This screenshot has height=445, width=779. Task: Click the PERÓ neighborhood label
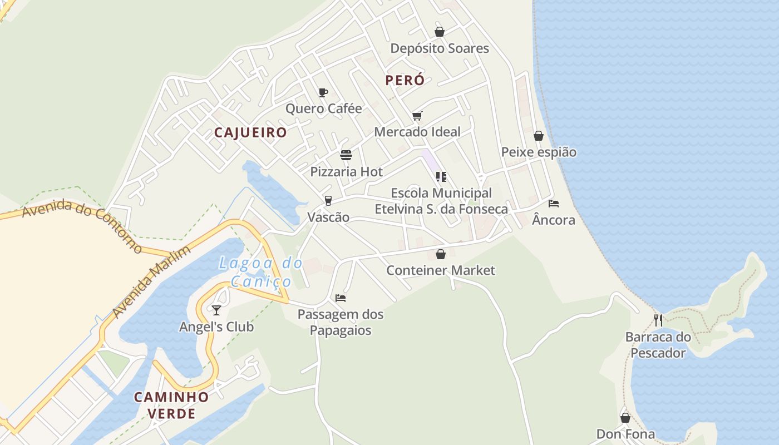click(405, 80)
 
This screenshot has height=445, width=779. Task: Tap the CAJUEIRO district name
click(250, 132)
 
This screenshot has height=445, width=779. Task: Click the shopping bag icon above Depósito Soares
click(440, 32)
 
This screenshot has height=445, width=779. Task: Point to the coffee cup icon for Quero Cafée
click(323, 92)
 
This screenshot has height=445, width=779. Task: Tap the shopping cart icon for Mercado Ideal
click(417, 116)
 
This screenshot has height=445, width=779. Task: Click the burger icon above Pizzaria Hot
click(346, 155)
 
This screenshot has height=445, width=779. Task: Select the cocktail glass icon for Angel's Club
click(216, 310)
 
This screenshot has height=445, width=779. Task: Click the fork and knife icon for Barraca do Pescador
click(658, 320)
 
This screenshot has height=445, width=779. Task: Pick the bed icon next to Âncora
click(553, 204)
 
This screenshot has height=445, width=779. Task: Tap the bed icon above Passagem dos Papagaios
click(341, 298)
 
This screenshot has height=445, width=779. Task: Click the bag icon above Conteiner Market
click(441, 254)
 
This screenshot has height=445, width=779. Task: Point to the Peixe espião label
click(539, 152)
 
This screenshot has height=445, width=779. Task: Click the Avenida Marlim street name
click(151, 281)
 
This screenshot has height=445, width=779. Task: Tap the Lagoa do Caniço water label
click(260, 272)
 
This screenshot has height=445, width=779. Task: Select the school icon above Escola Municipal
click(441, 177)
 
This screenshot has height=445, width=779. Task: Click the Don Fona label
click(625, 434)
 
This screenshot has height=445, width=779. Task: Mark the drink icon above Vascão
click(328, 200)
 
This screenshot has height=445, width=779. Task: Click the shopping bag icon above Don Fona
click(625, 417)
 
